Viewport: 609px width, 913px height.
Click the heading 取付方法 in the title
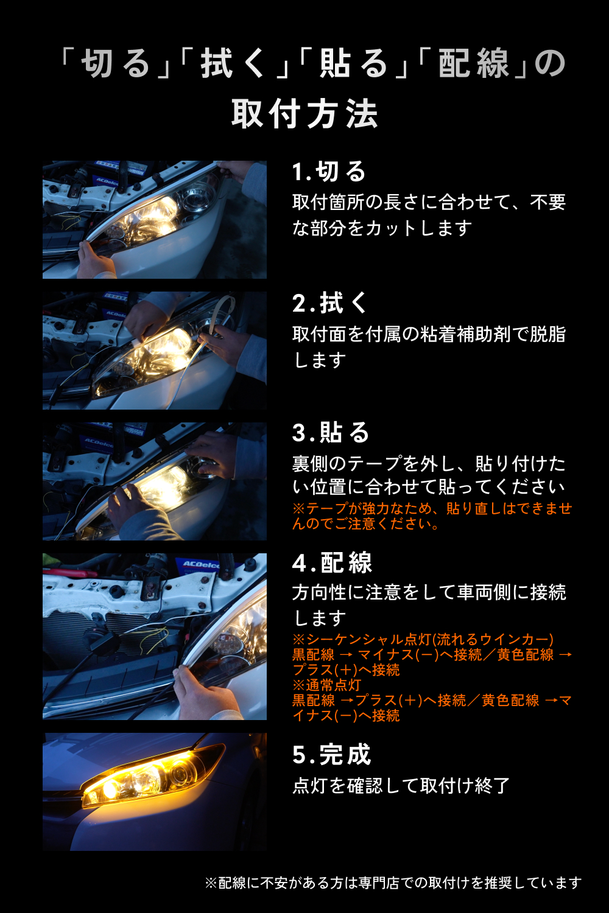pyautogui.click(x=304, y=114)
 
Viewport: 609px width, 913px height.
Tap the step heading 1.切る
pyautogui.click(x=329, y=172)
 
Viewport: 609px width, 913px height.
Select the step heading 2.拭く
pyautogui.click(x=329, y=303)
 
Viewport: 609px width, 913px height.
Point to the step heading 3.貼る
pyautogui.click(x=331, y=432)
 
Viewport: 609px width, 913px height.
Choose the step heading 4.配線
pyautogui.click(x=332, y=563)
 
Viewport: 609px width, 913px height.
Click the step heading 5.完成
pyautogui.click(x=332, y=755)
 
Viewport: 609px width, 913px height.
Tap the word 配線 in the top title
pyautogui.click(x=473, y=63)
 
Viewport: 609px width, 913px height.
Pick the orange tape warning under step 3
pyautogui.click(x=432, y=516)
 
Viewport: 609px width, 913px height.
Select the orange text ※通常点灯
pyautogui.click(x=326, y=685)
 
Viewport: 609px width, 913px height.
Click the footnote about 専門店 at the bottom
pyautogui.click(x=393, y=883)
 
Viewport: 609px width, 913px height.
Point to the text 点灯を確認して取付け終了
pyautogui.click(x=401, y=785)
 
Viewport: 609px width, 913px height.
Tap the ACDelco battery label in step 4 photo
pyautogui.click(x=201, y=564)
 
